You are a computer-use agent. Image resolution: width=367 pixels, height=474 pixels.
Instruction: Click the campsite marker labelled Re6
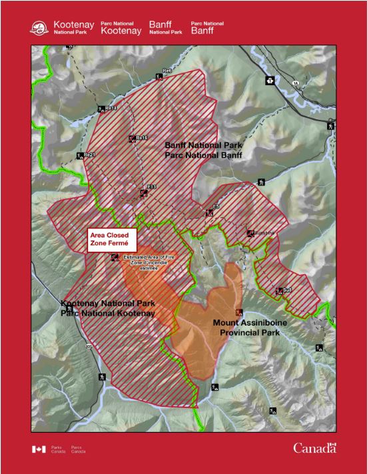pyautogui.click(x=158, y=73)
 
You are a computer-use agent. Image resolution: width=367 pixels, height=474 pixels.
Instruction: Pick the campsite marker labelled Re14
pyautogui.click(x=101, y=109)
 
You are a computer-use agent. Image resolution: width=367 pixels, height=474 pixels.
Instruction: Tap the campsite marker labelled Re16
pyautogui.click(x=132, y=139)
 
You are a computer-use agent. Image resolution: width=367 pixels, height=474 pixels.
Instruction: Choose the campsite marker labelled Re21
pyautogui.click(x=80, y=156)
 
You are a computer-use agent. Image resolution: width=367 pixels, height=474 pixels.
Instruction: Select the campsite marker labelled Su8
pyautogui.click(x=279, y=290)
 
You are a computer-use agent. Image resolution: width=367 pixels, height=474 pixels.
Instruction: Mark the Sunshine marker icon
pyautogui.click(x=250, y=234)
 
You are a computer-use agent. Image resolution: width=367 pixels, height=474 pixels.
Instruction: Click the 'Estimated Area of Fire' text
pyautogui.click(x=146, y=262)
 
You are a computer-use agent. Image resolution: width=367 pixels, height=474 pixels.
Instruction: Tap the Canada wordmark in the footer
pyautogui.click(x=315, y=448)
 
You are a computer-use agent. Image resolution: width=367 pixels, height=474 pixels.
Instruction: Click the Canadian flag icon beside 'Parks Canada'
pyautogui.click(x=39, y=449)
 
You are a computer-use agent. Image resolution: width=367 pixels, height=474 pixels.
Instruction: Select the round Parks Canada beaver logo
pyautogui.click(x=40, y=28)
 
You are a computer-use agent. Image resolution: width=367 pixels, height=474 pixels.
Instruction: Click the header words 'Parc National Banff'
pyautogui.click(x=207, y=27)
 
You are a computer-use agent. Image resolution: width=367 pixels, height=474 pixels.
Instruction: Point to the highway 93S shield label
pyautogui.click(x=88, y=347)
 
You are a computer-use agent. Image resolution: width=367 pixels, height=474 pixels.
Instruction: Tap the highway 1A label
pyautogui.click(x=295, y=83)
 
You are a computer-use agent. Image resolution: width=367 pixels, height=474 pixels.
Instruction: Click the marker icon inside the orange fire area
pyautogui.click(x=239, y=312)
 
